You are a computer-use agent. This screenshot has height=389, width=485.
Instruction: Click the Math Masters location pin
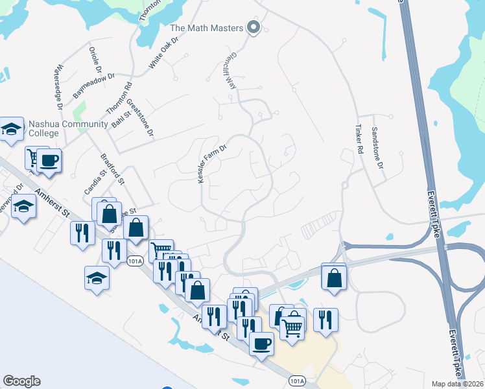(x=254, y=27)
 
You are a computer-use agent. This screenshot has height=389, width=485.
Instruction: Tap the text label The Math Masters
(x=206, y=28)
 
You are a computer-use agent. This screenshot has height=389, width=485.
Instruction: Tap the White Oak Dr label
(x=163, y=53)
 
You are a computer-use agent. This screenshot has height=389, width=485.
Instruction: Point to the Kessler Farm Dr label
(x=212, y=163)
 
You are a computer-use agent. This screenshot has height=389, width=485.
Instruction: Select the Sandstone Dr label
(x=377, y=147)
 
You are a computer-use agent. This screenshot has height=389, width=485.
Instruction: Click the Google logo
(x=21, y=381)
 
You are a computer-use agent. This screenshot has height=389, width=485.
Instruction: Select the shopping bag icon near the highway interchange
(x=334, y=277)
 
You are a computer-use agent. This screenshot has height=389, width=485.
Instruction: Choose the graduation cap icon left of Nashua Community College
(x=12, y=129)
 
